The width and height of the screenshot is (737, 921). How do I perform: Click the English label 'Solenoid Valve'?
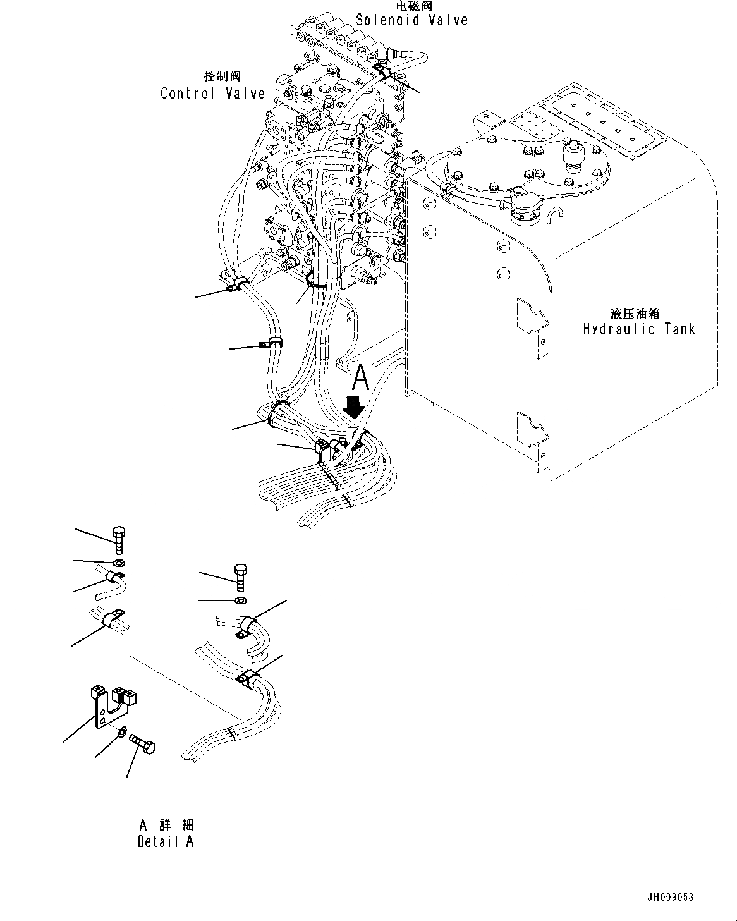[x=411, y=20]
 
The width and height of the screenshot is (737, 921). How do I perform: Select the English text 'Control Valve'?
[x=212, y=94]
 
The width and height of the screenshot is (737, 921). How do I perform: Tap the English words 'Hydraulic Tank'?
[x=638, y=329]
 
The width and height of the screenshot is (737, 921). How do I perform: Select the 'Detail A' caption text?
[x=166, y=842]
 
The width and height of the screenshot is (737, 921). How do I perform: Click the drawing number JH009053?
[x=670, y=897]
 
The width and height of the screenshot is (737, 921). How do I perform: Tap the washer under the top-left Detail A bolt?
[x=119, y=563]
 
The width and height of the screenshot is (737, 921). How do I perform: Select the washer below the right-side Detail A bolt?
[x=240, y=599]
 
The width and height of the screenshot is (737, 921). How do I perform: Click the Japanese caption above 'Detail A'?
[x=166, y=826]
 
